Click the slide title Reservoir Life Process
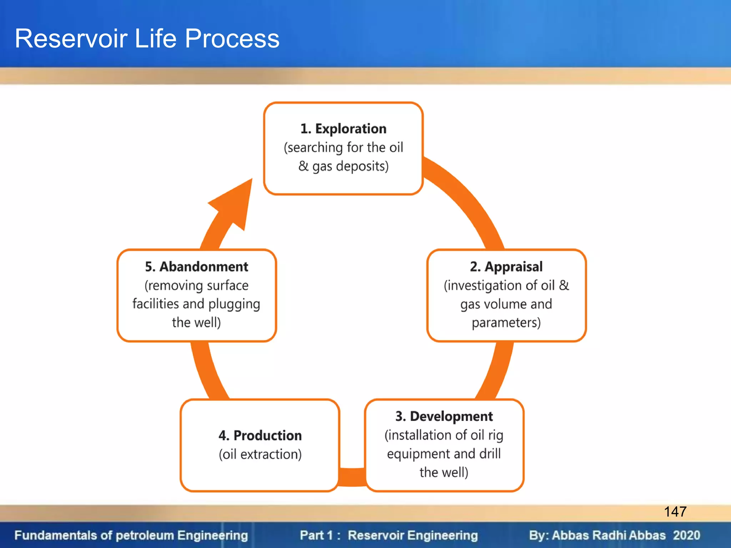[x=147, y=39]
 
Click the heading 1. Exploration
[x=343, y=128]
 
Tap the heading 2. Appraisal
[x=506, y=267]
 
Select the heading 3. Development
[x=444, y=416]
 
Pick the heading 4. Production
[x=260, y=435]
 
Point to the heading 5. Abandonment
[x=196, y=267]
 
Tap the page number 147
[x=675, y=512]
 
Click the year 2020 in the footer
[x=686, y=535]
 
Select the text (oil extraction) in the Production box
[x=260, y=454]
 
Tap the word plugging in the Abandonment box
[x=234, y=304]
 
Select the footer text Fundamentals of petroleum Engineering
[x=131, y=535]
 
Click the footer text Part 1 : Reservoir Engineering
[x=389, y=535]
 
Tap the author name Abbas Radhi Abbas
[x=609, y=535]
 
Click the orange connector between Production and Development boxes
[x=352, y=477]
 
